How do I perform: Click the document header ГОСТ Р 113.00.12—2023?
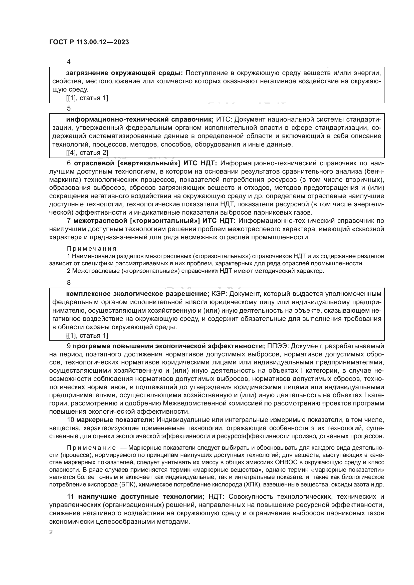89,42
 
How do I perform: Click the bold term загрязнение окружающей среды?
124,73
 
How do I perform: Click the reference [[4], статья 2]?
87,153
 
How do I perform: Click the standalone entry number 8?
69,283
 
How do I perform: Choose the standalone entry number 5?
69,108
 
